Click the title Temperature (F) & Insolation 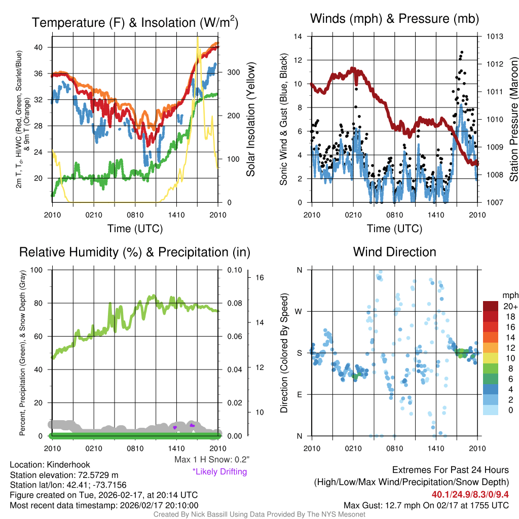(135, 23)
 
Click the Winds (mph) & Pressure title (394, 19)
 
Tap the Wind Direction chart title (394, 252)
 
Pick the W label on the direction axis (299, 311)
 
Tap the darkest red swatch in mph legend (491, 306)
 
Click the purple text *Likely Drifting (219, 471)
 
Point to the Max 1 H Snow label (211, 460)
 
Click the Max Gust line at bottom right (426, 505)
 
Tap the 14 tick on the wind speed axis (299, 36)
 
